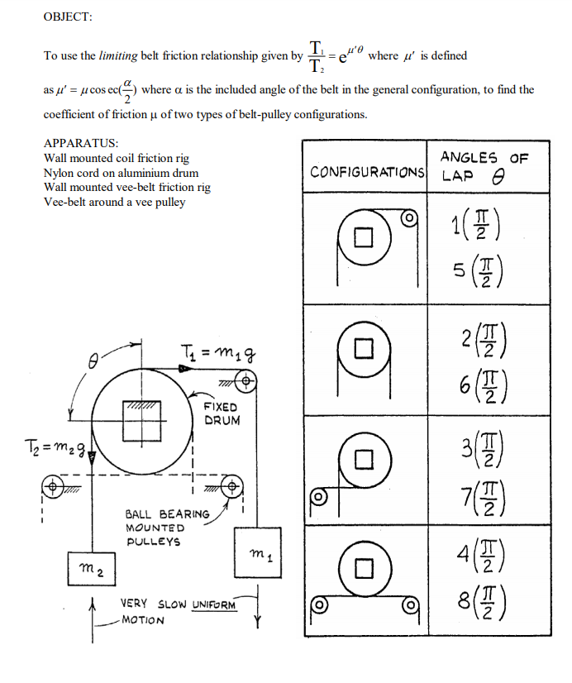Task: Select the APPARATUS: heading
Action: tap(81, 142)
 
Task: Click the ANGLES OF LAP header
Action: tap(484, 165)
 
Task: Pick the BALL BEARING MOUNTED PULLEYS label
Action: tap(158, 528)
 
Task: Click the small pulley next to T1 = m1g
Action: tap(245, 381)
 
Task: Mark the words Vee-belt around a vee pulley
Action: tap(114, 201)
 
